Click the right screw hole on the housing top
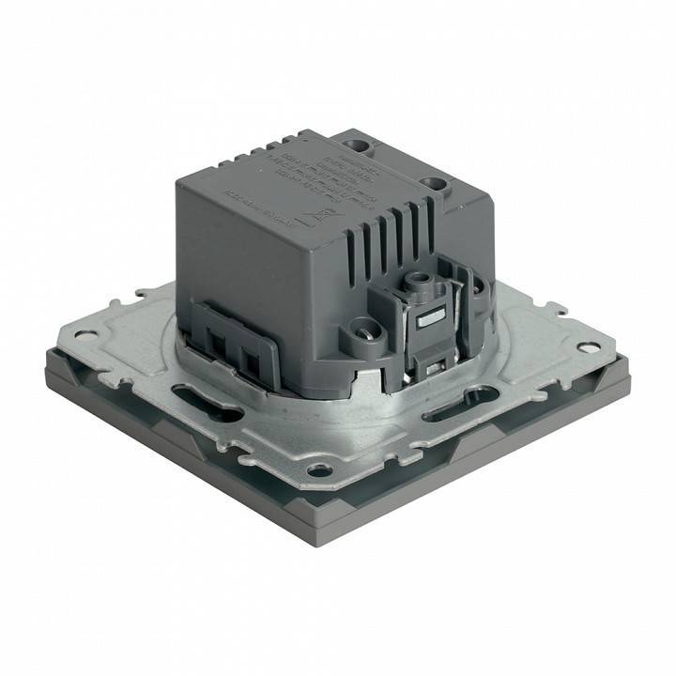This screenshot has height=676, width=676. (x=433, y=182)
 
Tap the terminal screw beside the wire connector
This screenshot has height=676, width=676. (x=362, y=330)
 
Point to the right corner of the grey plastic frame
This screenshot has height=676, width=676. (x=627, y=383)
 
